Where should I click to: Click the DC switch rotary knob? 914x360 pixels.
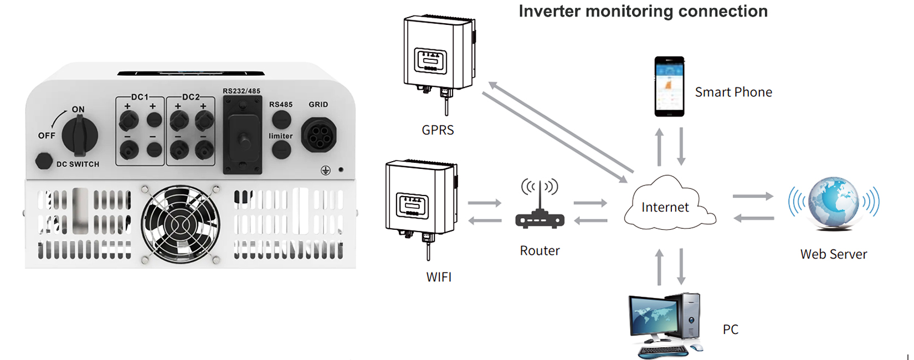coord(80,136)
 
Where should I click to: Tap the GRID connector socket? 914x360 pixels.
coord(319,135)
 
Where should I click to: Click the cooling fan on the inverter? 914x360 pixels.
coord(180,224)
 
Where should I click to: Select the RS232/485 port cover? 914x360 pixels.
coord(242,136)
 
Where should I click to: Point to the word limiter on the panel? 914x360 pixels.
coord(281,136)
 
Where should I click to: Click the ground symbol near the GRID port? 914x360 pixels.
coord(326,171)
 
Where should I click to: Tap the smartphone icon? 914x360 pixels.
coord(669,86)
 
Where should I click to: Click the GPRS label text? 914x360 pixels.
coord(438,130)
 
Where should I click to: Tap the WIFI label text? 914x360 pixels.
coord(439,277)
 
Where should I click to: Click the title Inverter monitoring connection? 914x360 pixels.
coord(643,11)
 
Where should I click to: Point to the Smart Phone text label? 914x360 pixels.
coord(733,92)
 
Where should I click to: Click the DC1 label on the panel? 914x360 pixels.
coord(140,97)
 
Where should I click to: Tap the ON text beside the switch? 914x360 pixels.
coord(78,110)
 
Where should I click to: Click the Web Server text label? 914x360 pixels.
coord(834,254)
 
